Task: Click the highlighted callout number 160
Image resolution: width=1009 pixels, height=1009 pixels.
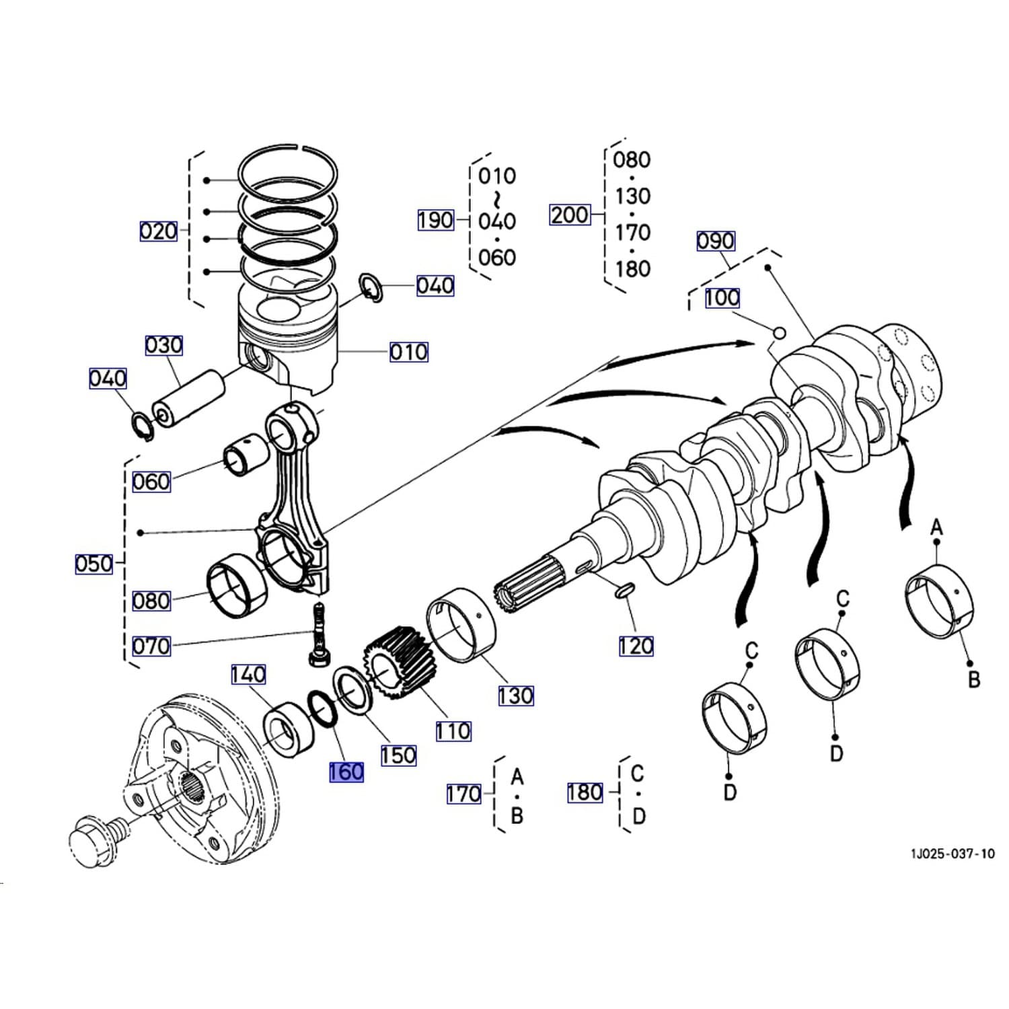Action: [x=346, y=772]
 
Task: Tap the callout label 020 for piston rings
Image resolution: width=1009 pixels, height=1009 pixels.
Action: [x=158, y=231]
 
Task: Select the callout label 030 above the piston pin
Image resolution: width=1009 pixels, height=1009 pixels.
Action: [x=164, y=345]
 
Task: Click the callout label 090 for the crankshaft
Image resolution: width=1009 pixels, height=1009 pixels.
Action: [x=716, y=241]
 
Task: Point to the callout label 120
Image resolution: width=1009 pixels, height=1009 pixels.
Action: [x=636, y=646]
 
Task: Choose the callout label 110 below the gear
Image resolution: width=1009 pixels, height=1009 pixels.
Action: [x=453, y=731]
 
